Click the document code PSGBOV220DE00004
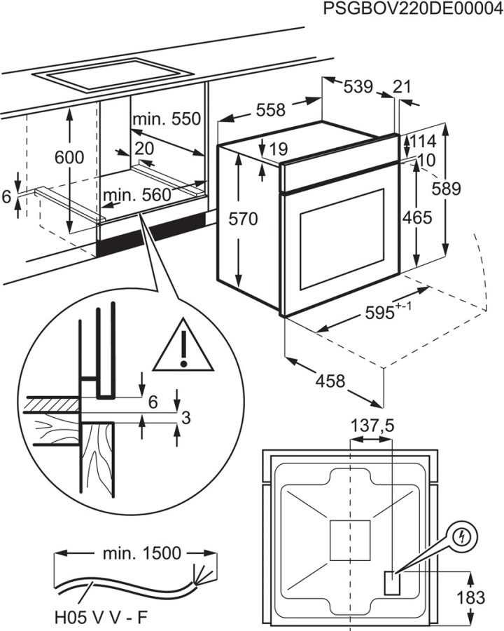[414, 9]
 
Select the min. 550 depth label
[167, 118]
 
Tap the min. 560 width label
[136, 196]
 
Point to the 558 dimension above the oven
[270, 110]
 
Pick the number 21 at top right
[402, 87]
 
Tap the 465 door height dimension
[417, 218]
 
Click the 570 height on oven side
[244, 219]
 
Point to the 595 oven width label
[384, 313]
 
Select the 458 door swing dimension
[330, 381]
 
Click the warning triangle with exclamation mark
[183, 346]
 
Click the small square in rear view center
[349, 540]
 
